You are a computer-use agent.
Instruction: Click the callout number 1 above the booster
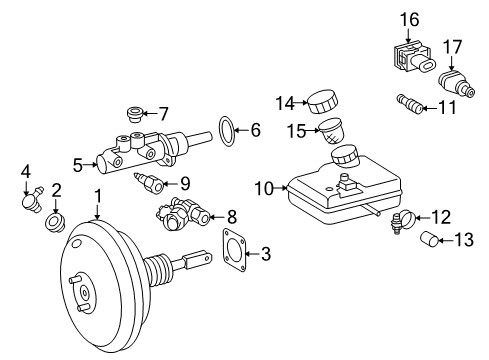coord(97,195)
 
